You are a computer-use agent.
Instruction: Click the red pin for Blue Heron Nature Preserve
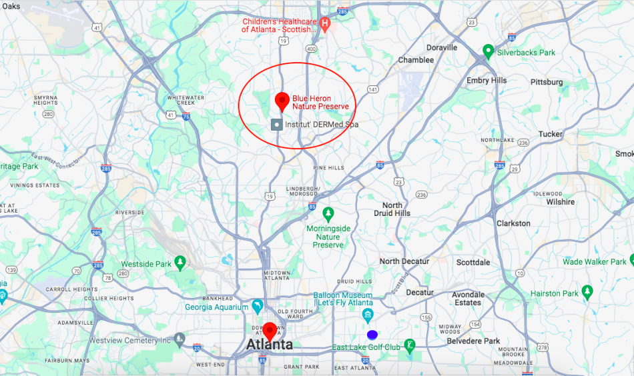[x=282, y=101]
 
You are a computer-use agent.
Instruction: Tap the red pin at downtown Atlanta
[x=270, y=330]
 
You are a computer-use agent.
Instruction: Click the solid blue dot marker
[x=372, y=334]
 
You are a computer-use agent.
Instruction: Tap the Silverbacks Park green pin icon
[x=488, y=51]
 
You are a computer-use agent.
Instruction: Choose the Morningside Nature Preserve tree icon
[x=328, y=213]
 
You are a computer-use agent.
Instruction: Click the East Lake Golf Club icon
[x=410, y=345]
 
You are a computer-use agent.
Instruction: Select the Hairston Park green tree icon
[x=587, y=291]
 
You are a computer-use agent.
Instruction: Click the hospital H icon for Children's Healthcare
[x=325, y=25]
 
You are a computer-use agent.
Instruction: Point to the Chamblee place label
[x=416, y=60]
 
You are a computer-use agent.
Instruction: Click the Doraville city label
[x=441, y=47]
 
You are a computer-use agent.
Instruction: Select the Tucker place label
[x=551, y=134]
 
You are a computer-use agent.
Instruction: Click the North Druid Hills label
[x=396, y=209]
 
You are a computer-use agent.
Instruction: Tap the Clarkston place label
[x=514, y=223]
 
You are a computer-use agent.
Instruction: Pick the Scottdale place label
[x=473, y=262]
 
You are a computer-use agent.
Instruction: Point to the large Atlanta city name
[x=270, y=345]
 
